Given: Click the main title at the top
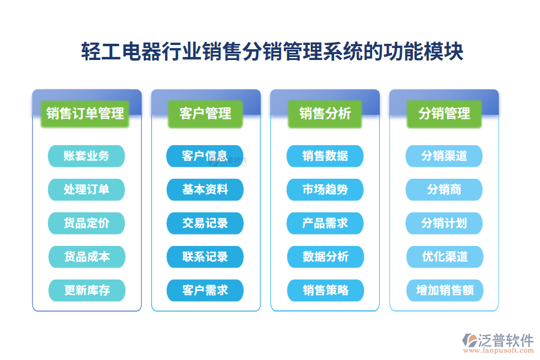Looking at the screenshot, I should click(x=272, y=52).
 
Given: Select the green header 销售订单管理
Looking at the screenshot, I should click(x=86, y=113).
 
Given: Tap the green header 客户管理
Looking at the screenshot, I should click(x=205, y=113).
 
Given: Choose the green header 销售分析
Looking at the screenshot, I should click(x=325, y=113).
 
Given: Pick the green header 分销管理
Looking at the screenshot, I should click(x=444, y=113).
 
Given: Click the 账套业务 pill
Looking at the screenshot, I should click(x=86, y=156).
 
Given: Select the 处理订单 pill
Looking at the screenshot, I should click(x=86, y=190).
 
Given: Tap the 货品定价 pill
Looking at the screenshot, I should click(x=86, y=223).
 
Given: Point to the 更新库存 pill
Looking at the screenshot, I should click(x=86, y=290).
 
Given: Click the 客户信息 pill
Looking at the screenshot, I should click(x=205, y=156).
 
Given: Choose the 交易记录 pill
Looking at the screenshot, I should click(x=205, y=223).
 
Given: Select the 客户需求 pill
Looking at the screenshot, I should click(x=205, y=290).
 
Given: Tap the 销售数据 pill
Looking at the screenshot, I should click(x=325, y=156).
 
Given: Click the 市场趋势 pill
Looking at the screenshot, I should click(x=325, y=190).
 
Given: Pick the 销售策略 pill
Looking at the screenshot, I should click(x=325, y=290).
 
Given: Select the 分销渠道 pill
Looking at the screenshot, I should click(x=444, y=156).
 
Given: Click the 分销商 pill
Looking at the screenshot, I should click(x=444, y=190).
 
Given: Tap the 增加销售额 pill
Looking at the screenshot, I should click(x=445, y=290).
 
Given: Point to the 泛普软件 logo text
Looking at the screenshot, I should click(x=505, y=340).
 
